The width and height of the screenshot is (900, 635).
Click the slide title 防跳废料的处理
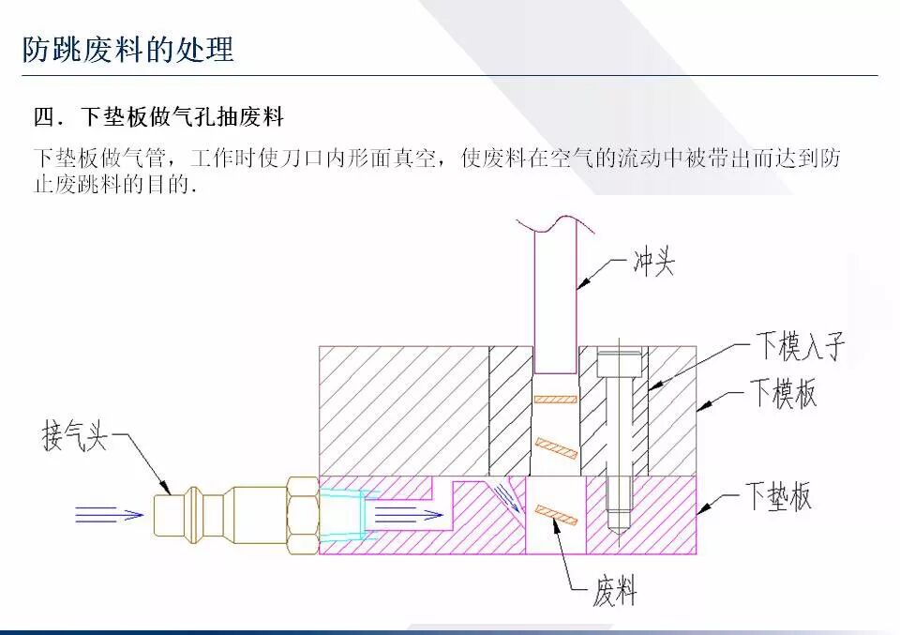tap(127, 48)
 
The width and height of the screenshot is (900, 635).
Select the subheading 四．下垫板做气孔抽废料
tap(158, 118)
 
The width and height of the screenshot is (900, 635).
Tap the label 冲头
tap(651, 263)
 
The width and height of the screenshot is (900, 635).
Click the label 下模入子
tap(800, 347)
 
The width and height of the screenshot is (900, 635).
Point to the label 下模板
tap(782, 393)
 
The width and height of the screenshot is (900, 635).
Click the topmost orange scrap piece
tap(554, 400)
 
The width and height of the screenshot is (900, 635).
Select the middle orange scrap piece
tap(555, 447)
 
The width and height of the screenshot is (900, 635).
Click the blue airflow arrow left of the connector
tap(109, 513)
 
